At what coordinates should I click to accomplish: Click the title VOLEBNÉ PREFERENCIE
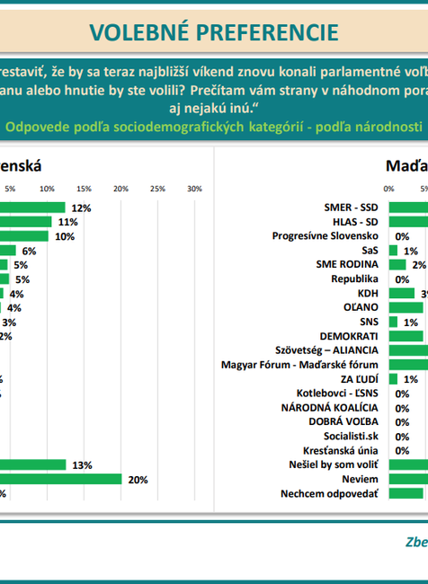[x=214, y=31]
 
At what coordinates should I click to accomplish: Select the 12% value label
[x=82, y=208]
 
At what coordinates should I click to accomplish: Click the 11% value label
[x=67, y=222]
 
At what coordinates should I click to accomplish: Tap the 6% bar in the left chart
[x=8, y=251]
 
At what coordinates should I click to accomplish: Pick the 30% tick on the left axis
[x=194, y=189]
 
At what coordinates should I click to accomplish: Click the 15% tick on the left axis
[x=83, y=189]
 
